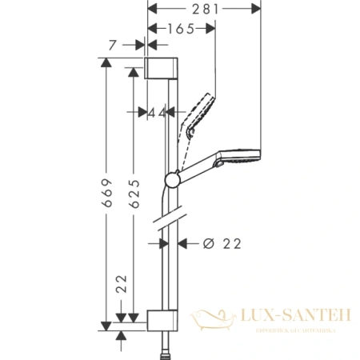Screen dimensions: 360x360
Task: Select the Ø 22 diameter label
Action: pos(217,242)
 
